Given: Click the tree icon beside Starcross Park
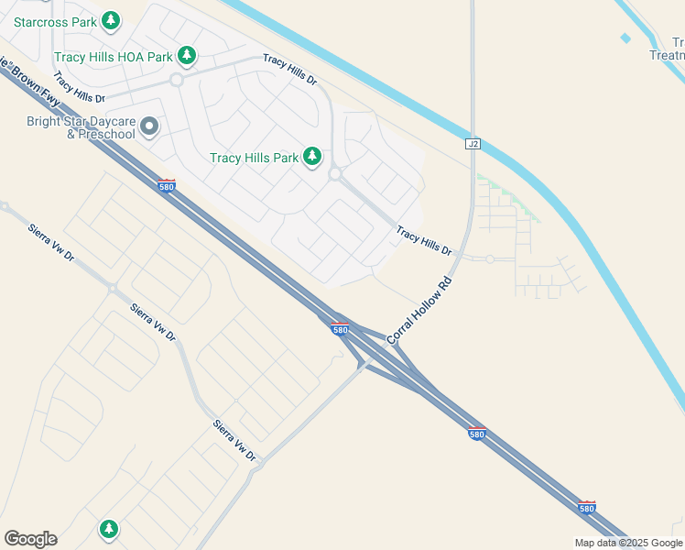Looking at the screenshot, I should tap(111, 19).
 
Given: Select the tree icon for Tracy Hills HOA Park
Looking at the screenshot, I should tap(187, 56).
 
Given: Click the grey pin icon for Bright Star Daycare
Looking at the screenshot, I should tap(149, 126).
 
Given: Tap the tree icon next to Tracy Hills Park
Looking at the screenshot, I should tap(312, 157).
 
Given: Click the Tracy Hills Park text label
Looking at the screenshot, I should tap(254, 158).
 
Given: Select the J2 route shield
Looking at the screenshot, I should tap(473, 144).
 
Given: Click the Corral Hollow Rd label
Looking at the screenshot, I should tap(420, 311).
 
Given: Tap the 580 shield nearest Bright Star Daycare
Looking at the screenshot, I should tap(166, 186).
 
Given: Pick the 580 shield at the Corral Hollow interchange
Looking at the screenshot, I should tap(340, 329).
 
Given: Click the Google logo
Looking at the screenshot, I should tap(30, 539).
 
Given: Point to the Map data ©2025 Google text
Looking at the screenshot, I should tap(627, 543).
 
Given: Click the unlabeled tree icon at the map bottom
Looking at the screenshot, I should tap(109, 529).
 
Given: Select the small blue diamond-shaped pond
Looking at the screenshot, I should tap(625, 38).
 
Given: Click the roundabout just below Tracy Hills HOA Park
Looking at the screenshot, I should tap(177, 80).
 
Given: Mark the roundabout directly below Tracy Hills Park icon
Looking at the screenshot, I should tap(335, 173).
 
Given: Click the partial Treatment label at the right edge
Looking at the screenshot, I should tap(668, 49).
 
